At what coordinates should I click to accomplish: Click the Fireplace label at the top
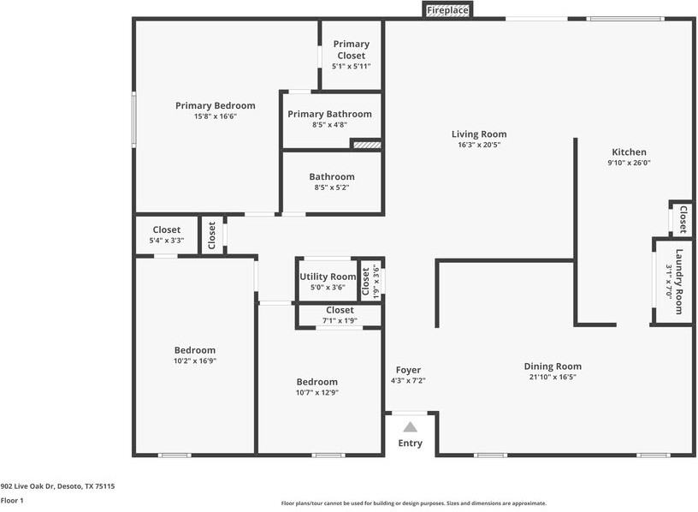coord(447,10)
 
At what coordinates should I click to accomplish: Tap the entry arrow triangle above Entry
coord(410,427)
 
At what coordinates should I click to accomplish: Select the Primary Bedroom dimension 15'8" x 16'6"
coord(215,116)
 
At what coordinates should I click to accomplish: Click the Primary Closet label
coord(352,50)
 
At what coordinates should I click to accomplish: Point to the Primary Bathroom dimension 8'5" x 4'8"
coord(329,125)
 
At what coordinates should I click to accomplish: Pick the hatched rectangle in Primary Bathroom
coord(367,145)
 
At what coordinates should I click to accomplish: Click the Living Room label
coord(479,134)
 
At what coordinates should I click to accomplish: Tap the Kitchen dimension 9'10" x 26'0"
coord(629,163)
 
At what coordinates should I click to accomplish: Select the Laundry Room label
coord(679,282)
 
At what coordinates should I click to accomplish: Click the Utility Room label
coord(328,277)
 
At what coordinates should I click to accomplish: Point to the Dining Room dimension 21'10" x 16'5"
coord(553,377)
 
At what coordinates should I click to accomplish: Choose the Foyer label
coord(408,370)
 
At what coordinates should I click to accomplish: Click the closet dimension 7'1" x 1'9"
coord(340,320)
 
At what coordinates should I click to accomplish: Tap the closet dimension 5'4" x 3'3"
coord(167,241)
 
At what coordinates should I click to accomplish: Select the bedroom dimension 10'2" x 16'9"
coord(195,361)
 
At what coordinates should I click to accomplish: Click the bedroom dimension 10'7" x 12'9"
coord(317,393)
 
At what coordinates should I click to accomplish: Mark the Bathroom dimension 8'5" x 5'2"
coord(332,188)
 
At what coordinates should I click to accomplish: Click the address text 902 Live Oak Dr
coord(27,486)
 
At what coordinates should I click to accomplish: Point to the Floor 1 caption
coord(12,500)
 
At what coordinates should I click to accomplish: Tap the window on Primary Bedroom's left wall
coord(133,119)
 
